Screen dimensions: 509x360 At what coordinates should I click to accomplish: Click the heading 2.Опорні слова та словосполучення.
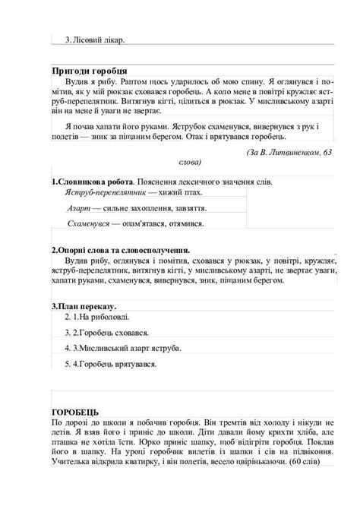[120, 250]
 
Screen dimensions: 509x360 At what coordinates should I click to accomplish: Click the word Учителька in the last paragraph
[69, 463]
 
